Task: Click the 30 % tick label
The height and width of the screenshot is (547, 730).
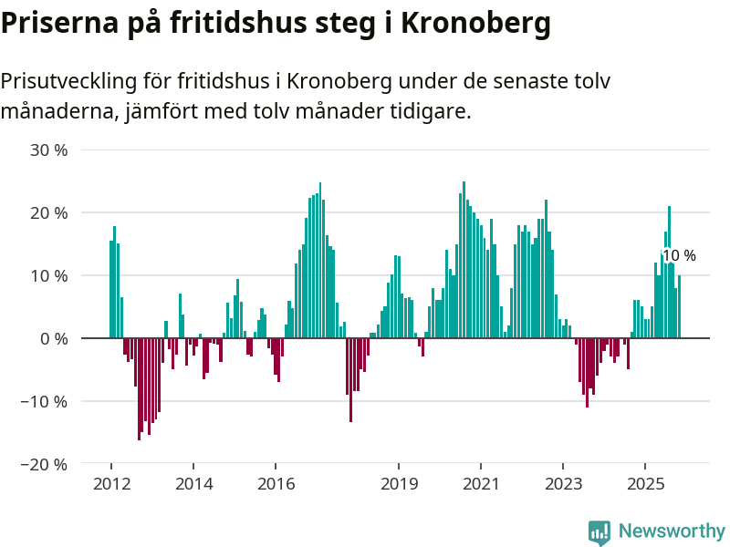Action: pos(49,150)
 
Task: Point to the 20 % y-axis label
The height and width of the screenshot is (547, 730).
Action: pos(49,212)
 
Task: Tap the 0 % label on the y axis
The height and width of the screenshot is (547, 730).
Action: pos(53,338)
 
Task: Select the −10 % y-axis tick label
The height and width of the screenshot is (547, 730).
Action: pos(46,401)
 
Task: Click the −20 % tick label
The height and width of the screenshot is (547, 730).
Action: pos(46,464)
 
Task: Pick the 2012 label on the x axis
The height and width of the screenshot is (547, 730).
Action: pos(111,483)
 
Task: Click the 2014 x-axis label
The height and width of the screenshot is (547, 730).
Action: pos(193,483)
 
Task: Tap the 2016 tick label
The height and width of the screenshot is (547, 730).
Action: pos(276,483)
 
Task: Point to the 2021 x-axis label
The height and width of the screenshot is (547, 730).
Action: pos(481,483)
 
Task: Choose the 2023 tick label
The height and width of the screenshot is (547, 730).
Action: pos(563,483)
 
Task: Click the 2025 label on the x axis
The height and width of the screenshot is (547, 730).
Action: pos(645,483)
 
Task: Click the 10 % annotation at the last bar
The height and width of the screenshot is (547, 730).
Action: pos(679,256)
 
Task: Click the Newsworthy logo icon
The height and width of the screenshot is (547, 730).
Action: pos(600,532)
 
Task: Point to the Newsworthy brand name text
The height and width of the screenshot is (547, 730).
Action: pos(672,532)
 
